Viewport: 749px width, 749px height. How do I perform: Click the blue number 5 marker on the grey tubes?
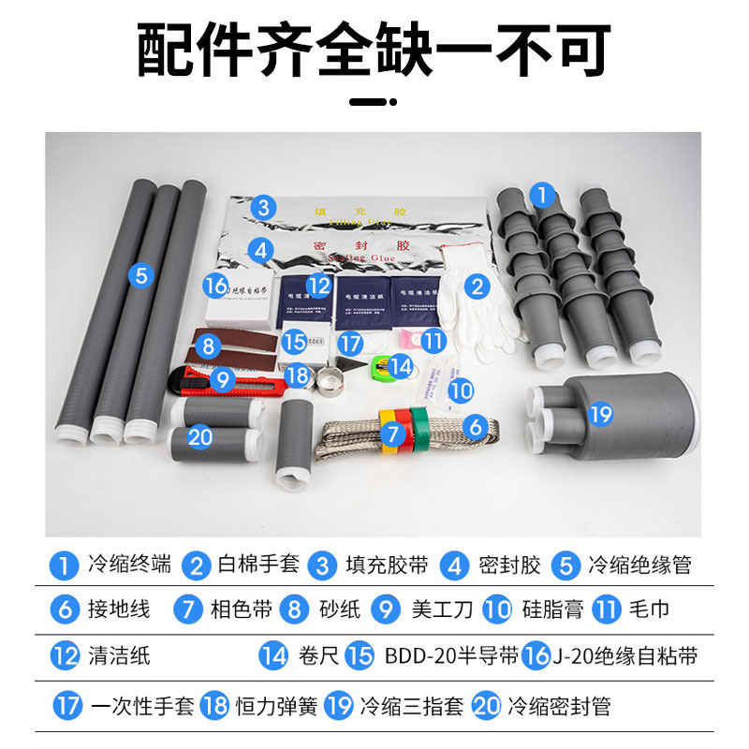[140, 275]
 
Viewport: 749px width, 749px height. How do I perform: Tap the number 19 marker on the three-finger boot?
[600, 413]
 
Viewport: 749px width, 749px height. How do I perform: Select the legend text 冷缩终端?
[129, 565]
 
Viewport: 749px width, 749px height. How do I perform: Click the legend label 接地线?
[118, 609]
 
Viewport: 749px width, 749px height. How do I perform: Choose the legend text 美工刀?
[442, 609]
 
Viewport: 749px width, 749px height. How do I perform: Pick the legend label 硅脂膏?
[554, 609]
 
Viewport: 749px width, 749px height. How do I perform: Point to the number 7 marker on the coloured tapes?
[394, 433]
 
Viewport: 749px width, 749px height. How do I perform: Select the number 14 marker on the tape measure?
[401, 365]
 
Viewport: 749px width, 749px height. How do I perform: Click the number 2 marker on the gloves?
[477, 286]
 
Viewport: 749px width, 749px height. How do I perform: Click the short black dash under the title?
[374, 103]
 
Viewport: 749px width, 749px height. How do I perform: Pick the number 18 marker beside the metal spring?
[298, 375]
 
